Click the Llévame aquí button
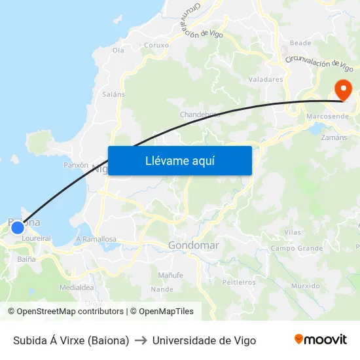tap(179, 160)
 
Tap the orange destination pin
tap(342, 90)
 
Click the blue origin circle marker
tap(18, 227)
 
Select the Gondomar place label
tap(194, 245)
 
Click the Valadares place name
tap(266, 79)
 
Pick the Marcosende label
tap(327, 117)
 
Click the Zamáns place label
tap(334, 137)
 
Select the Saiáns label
tap(113, 94)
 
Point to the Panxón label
tap(76, 166)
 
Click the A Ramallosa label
tap(96, 240)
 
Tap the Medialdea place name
tap(77, 287)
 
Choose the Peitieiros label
tap(239, 283)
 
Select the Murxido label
tap(306, 286)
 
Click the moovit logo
tap(321, 340)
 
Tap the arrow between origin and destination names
tap(141, 340)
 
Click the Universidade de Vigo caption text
tap(204, 340)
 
